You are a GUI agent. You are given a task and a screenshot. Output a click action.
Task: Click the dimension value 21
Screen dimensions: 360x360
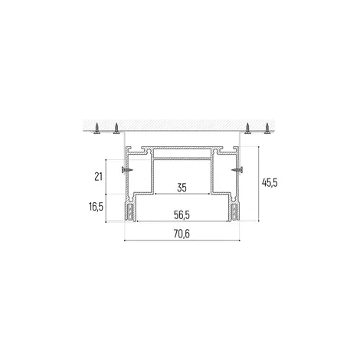click(x=98, y=176)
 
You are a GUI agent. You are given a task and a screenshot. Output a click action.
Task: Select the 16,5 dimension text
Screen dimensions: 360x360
click(x=96, y=206)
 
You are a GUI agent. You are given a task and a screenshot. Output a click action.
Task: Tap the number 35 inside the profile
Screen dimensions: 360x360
click(x=182, y=188)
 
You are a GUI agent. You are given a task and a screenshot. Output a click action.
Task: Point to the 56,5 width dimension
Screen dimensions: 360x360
click(x=182, y=215)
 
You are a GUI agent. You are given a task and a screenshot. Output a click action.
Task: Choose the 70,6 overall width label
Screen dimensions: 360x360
click(x=182, y=234)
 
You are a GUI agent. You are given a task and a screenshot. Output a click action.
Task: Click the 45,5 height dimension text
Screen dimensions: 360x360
click(x=270, y=182)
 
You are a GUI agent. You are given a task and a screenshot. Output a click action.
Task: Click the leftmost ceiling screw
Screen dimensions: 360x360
click(x=97, y=129)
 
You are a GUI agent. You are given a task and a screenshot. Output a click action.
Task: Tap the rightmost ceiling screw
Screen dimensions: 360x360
click(x=267, y=129)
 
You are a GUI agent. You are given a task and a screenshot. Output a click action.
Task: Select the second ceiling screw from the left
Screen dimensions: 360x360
click(x=116, y=129)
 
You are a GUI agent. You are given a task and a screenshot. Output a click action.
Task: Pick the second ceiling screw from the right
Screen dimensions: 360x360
click(x=247, y=129)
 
